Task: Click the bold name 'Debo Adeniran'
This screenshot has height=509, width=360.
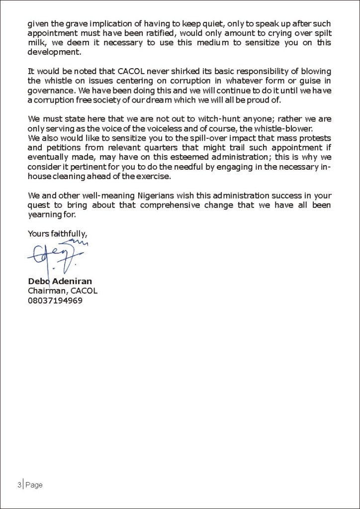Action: (x=60, y=282)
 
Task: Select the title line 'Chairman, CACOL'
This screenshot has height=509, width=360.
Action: (x=62, y=291)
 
